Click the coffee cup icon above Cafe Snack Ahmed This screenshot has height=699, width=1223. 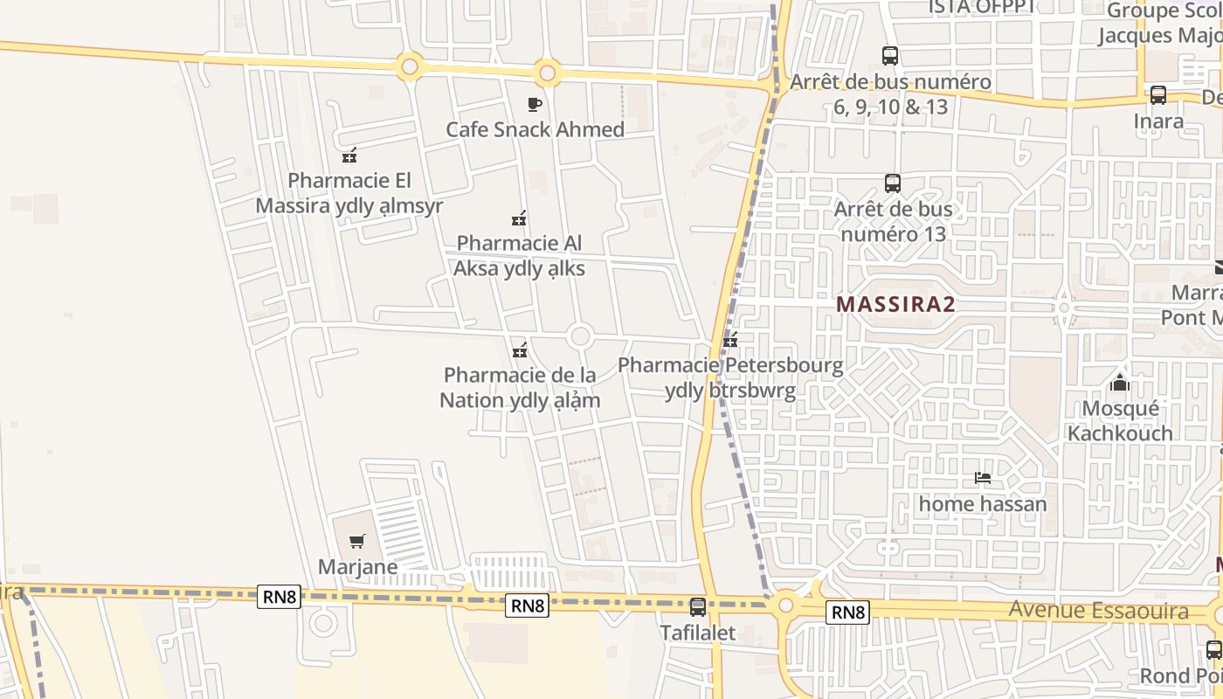(x=535, y=105)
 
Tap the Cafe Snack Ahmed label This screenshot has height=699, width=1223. (x=535, y=130)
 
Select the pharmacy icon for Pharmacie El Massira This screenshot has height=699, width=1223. (x=349, y=156)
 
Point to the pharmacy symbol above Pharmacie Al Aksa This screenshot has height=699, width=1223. (x=519, y=218)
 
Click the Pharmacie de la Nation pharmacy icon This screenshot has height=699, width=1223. (x=520, y=350)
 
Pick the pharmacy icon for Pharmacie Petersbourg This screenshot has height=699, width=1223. (x=730, y=340)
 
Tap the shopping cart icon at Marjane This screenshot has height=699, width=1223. (x=356, y=542)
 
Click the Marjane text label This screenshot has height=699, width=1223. (x=357, y=567)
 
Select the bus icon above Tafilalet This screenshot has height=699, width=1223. (x=697, y=606)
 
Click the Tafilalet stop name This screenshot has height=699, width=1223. (x=697, y=632)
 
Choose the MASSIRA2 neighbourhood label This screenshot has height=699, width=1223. (x=895, y=304)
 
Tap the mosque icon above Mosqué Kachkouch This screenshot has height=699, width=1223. (x=1119, y=382)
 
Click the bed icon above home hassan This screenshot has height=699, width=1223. (x=983, y=478)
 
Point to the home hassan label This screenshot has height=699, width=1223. (x=982, y=504)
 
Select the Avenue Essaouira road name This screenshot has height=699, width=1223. (x=1098, y=611)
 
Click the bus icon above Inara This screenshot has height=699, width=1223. (x=1158, y=95)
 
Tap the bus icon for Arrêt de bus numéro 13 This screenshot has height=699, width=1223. (x=892, y=183)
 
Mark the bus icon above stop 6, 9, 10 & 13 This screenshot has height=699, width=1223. (x=889, y=56)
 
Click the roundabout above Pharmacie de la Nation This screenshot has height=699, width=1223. (x=579, y=336)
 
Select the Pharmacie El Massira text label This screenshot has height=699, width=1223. (x=349, y=193)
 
